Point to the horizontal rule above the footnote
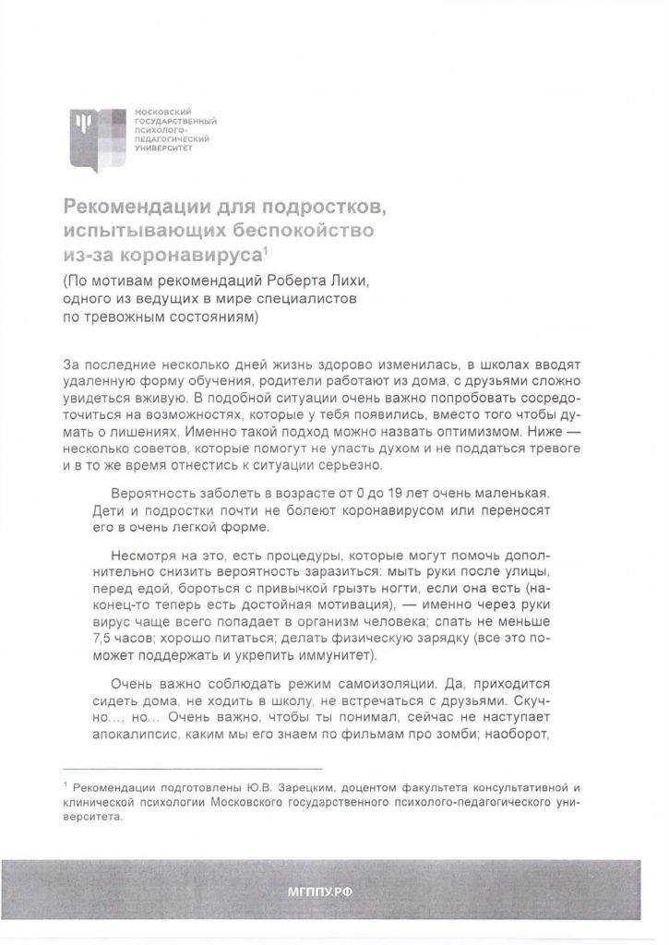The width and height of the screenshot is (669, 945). [193, 768]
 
